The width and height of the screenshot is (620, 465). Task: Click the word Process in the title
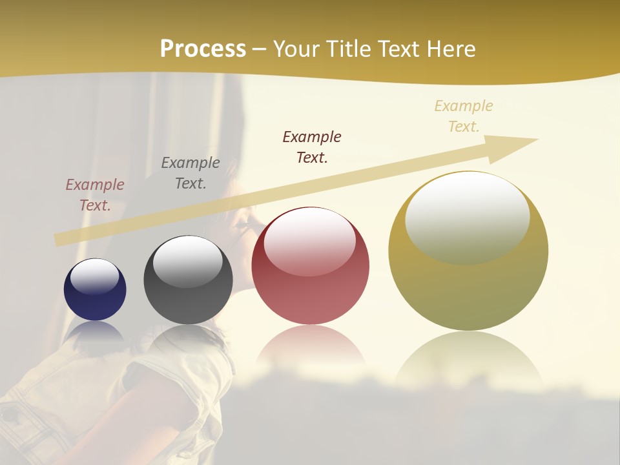coord(203,49)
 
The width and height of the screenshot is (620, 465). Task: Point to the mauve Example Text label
coord(95,195)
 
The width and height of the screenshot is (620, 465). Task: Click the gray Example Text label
coord(191,173)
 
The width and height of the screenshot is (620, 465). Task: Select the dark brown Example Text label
coord(312,147)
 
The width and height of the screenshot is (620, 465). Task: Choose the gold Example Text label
coord(464,116)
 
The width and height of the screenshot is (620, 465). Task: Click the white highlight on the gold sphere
coord(468,213)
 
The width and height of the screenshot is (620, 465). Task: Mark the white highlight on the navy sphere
coord(95,276)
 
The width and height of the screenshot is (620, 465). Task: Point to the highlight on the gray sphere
coord(188,260)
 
